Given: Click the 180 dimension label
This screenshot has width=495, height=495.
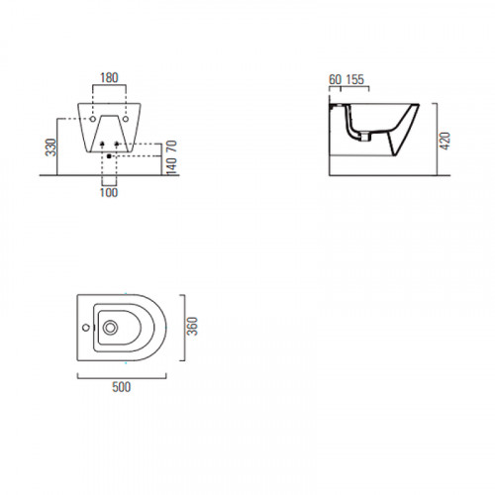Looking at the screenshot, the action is [x=109, y=78].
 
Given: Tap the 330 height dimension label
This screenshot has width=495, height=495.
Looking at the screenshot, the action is [x=51, y=148].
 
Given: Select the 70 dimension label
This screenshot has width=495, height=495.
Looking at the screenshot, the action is [x=171, y=147].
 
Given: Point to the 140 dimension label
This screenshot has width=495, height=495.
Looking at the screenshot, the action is [x=171, y=166].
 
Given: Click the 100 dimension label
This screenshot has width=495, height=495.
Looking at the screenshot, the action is [x=109, y=192].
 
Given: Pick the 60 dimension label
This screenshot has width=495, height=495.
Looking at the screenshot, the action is [x=335, y=79].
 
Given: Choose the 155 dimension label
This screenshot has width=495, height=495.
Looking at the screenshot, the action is [x=355, y=79].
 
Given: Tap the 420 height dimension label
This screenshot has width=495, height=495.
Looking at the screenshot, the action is [x=445, y=141].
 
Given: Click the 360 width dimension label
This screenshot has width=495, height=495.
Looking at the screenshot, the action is [x=192, y=326].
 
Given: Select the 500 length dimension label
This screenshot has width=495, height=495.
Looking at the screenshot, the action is [x=122, y=387].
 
